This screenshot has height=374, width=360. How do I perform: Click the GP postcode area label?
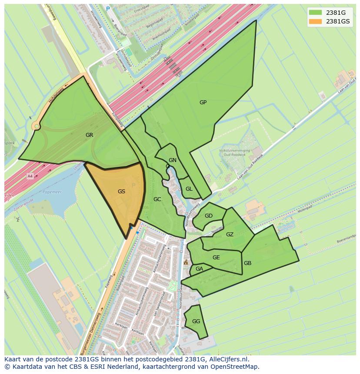click(203, 103)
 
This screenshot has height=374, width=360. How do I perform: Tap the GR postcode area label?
click(89, 135)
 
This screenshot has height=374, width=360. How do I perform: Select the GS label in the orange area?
click(121, 191)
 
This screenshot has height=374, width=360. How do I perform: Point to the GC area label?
click(157, 199)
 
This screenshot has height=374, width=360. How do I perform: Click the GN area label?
click(173, 160)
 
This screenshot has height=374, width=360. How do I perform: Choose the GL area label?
click(189, 189)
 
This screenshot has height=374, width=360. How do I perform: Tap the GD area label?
click(209, 216)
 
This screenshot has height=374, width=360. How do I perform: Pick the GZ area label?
click(230, 235)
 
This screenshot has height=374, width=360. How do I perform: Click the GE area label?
click(216, 258)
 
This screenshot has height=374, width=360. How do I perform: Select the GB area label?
click(247, 263)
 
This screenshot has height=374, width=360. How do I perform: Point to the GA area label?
click(199, 269)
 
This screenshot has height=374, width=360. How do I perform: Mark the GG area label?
click(196, 321)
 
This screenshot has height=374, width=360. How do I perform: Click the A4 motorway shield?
click(30, 176)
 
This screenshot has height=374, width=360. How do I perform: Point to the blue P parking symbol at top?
click(108, 9)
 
